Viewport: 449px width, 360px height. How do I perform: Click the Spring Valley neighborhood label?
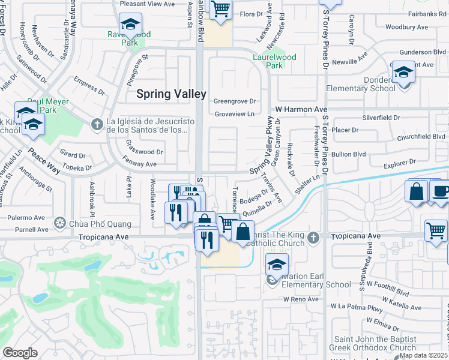(x=171, y=94)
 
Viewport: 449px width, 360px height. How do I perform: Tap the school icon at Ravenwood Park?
(x=130, y=25)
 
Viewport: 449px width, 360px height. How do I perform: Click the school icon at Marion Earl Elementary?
(x=277, y=265)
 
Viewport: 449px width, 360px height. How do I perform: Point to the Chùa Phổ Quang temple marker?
(x=59, y=224)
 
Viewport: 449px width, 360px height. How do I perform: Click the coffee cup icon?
(x=441, y=191)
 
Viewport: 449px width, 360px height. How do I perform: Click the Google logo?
(x=20, y=353)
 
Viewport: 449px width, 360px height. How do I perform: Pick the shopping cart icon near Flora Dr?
(x=220, y=9)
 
